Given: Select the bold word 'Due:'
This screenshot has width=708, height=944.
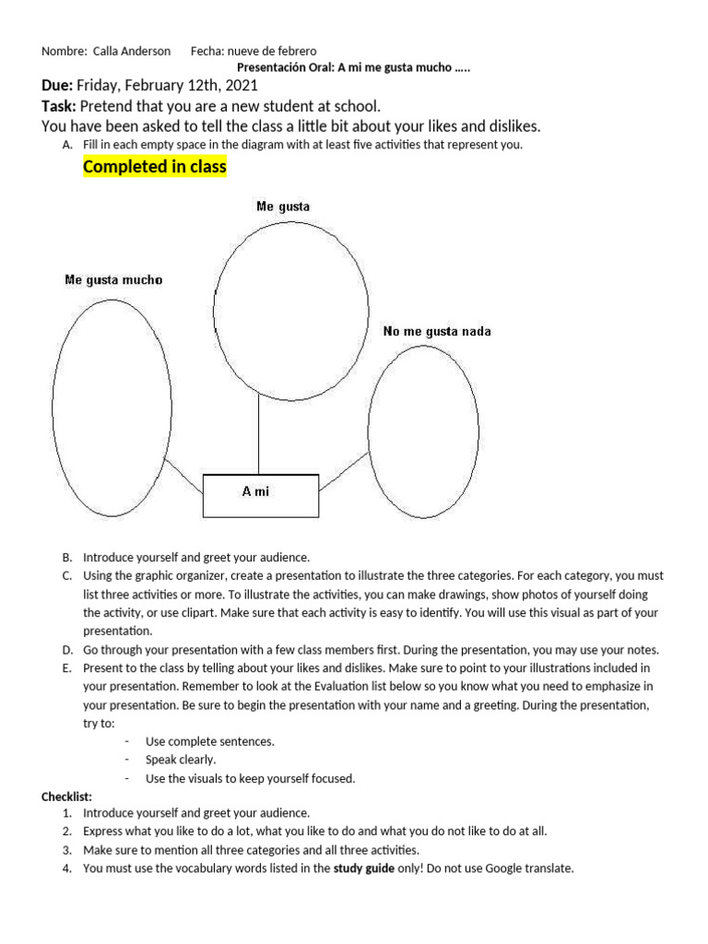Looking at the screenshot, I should tap(57, 86).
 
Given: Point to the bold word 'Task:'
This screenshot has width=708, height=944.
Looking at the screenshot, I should tap(59, 106).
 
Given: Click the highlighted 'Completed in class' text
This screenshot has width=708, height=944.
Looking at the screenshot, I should tap(154, 167).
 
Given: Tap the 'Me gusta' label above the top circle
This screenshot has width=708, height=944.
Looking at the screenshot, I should tap(283, 207).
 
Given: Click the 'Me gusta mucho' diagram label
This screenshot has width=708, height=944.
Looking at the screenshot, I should tap(113, 279).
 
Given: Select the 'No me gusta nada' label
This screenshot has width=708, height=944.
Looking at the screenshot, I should tap(437, 331).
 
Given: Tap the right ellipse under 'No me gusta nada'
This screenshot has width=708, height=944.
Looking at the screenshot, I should tap(423, 431).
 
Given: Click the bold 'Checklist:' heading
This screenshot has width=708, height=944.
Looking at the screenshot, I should tap(66, 796).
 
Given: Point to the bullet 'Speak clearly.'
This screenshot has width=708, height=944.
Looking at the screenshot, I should tap(181, 760).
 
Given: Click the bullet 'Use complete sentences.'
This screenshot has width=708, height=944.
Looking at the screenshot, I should tap(209, 741).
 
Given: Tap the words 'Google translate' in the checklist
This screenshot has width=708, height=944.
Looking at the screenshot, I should tap(529, 868).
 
